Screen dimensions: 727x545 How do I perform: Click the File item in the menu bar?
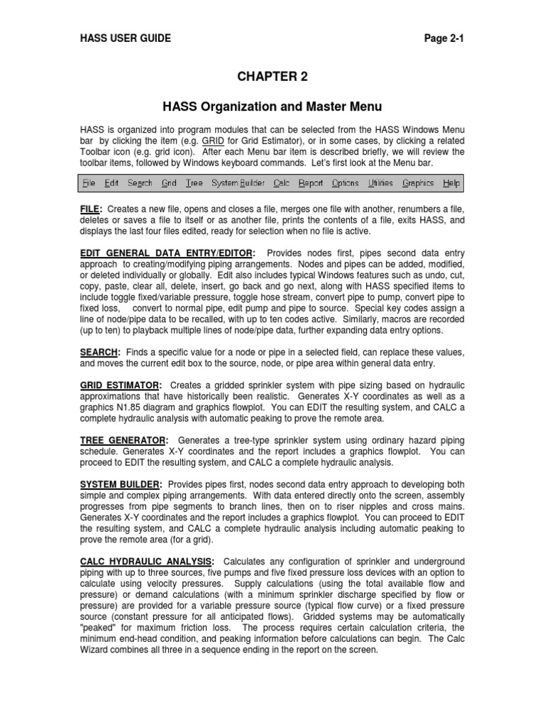[x=89, y=183]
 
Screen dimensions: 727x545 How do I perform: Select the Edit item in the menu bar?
[x=111, y=183]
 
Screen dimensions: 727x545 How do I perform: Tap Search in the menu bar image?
[x=140, y=183]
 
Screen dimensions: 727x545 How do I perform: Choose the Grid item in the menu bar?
[x=169, y=183]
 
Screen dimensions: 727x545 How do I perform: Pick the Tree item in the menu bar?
[x=194, y=183]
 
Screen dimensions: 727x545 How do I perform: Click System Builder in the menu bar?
[x=238, y=183]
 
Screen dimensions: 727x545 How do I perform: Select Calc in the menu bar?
[x=282, y=183]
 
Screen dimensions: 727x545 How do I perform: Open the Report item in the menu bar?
[x=310, y=183]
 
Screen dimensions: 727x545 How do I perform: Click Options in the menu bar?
[x=345, y=183]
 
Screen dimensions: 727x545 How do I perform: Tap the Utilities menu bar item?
[x=380, y=183]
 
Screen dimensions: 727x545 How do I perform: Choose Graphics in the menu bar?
[x=418, y=183]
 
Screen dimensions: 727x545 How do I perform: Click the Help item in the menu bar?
[x=451, y=183]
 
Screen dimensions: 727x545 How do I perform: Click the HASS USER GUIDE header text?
[x=125, y=38]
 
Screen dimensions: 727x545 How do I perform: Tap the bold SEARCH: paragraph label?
[x=100, y=353]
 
